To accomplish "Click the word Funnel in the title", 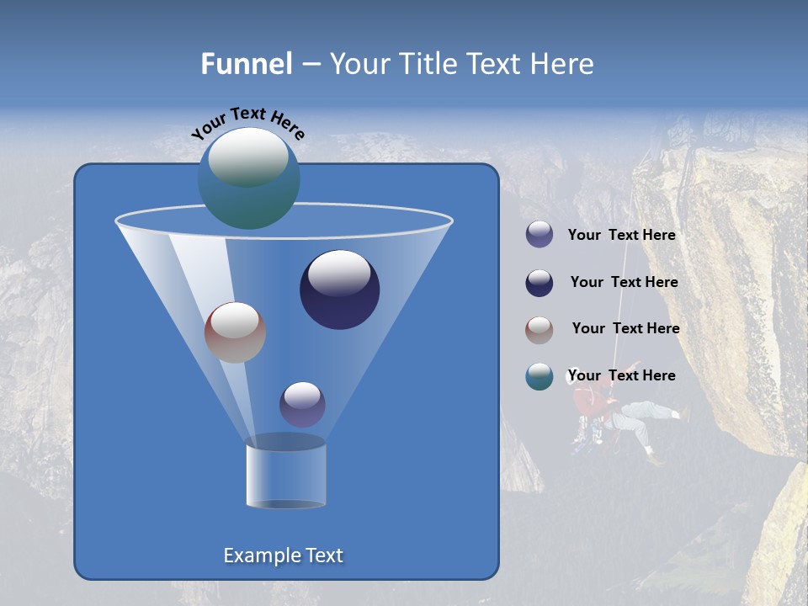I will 247,64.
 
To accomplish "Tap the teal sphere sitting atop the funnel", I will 249,178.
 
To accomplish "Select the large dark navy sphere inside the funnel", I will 340,290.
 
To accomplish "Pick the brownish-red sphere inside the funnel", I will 235,332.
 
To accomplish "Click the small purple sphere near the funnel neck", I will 302,404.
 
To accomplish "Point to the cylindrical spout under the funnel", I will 285,476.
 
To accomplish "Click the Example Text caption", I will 283,555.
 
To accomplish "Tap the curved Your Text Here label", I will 247,123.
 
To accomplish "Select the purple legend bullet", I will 540,235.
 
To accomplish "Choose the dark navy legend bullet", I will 540,283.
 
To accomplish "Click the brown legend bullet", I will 540,330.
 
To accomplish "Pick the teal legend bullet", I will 540,376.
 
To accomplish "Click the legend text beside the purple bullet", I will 621,236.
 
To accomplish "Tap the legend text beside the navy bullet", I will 624,283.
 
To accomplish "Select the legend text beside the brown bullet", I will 625,329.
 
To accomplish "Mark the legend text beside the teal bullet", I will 621,376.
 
